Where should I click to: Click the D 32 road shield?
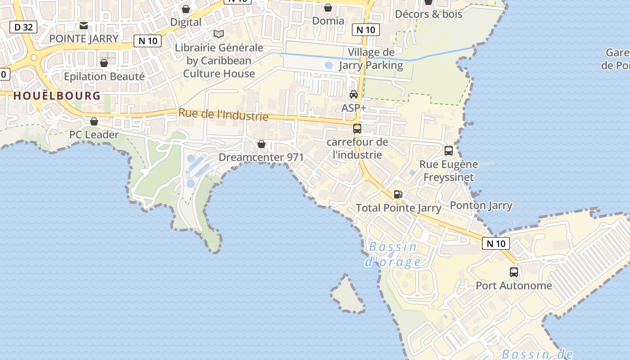(23, 27)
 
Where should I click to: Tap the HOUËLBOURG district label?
(57, 95)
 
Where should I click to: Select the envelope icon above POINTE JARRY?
(84, 25)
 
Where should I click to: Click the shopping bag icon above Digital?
(186, 9)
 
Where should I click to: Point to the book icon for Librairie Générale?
(219, 34)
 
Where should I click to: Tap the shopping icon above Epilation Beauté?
(104, 63)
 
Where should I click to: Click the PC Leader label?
(94, 135)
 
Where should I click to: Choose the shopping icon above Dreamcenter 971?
(261, 144)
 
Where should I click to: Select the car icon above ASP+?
(354, 94)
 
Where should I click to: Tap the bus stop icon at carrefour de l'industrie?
(357, 129)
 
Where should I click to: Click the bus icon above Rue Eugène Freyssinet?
(448, 151)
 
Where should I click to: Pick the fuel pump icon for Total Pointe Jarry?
(398, 194)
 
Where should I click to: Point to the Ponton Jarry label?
(481, 206)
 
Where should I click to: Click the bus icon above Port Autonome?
(513, 272)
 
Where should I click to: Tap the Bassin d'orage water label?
(393, 254)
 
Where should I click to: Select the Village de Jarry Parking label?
(371, 59)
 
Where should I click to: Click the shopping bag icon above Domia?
(328, 8)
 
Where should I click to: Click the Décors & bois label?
(428, 14)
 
